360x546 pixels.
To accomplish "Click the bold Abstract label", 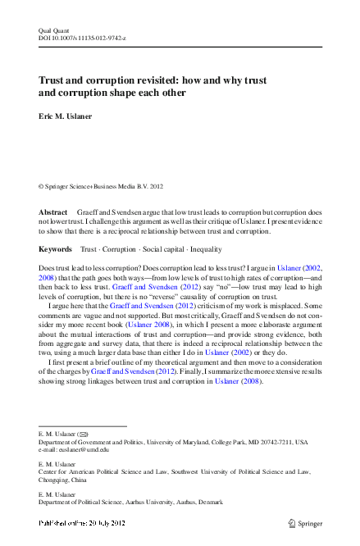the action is click(53, 212).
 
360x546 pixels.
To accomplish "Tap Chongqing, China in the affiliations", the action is click(69, 480).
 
